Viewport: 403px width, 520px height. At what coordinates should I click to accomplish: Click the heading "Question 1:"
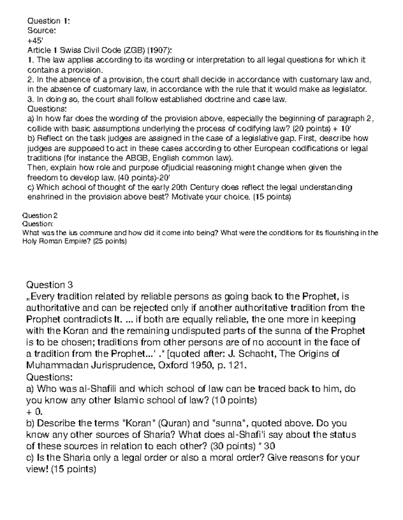tap(48, 21)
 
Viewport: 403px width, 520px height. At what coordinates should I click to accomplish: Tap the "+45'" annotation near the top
tap(35, 41)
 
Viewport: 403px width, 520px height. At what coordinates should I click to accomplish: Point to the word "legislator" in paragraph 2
tap(353, 89)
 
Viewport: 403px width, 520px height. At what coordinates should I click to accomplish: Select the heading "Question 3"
tap(49, 285)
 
